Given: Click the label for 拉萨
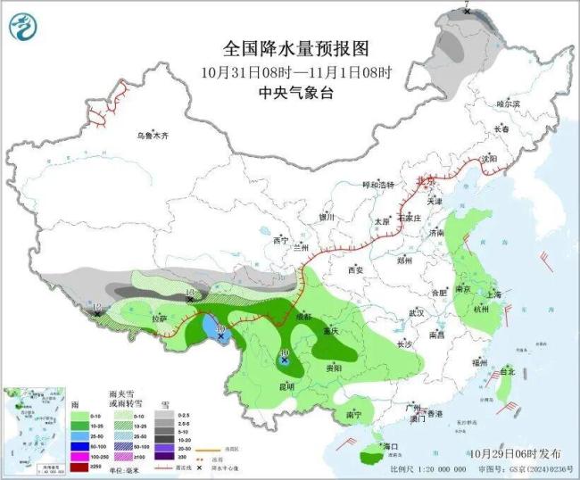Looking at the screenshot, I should (x=158, y=319).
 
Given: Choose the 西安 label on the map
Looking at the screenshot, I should (x=357, y=269).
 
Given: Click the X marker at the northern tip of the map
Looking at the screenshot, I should (x=467, y=12).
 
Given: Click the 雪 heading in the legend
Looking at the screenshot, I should (x=163, y=404).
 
